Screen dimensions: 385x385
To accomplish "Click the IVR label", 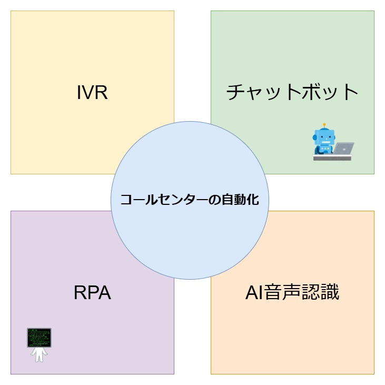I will tap(92, 93).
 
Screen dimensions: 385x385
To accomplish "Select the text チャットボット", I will tap(292, 93).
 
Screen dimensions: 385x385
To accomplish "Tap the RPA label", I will tap(92, 293).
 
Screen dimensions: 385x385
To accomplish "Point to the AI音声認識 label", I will tap(292, 293).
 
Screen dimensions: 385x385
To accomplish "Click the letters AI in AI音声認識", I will tap(253, 293).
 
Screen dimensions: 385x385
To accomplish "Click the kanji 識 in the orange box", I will tap(330, 293).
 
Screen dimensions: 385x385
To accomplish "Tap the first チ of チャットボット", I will tap(235, 93).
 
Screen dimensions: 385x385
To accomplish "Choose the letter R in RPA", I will tap(80, 293).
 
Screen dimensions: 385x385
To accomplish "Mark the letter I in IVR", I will tap(78, 93).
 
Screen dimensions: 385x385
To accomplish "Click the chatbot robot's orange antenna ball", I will tap(324, 125).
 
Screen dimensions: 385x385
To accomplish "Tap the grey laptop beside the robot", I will tap(344, 149).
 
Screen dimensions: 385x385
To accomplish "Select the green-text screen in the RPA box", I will tap(39, 337).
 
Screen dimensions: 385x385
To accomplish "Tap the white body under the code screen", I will tap(39, 354).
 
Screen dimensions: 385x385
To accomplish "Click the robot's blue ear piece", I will tap(315, 137).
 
